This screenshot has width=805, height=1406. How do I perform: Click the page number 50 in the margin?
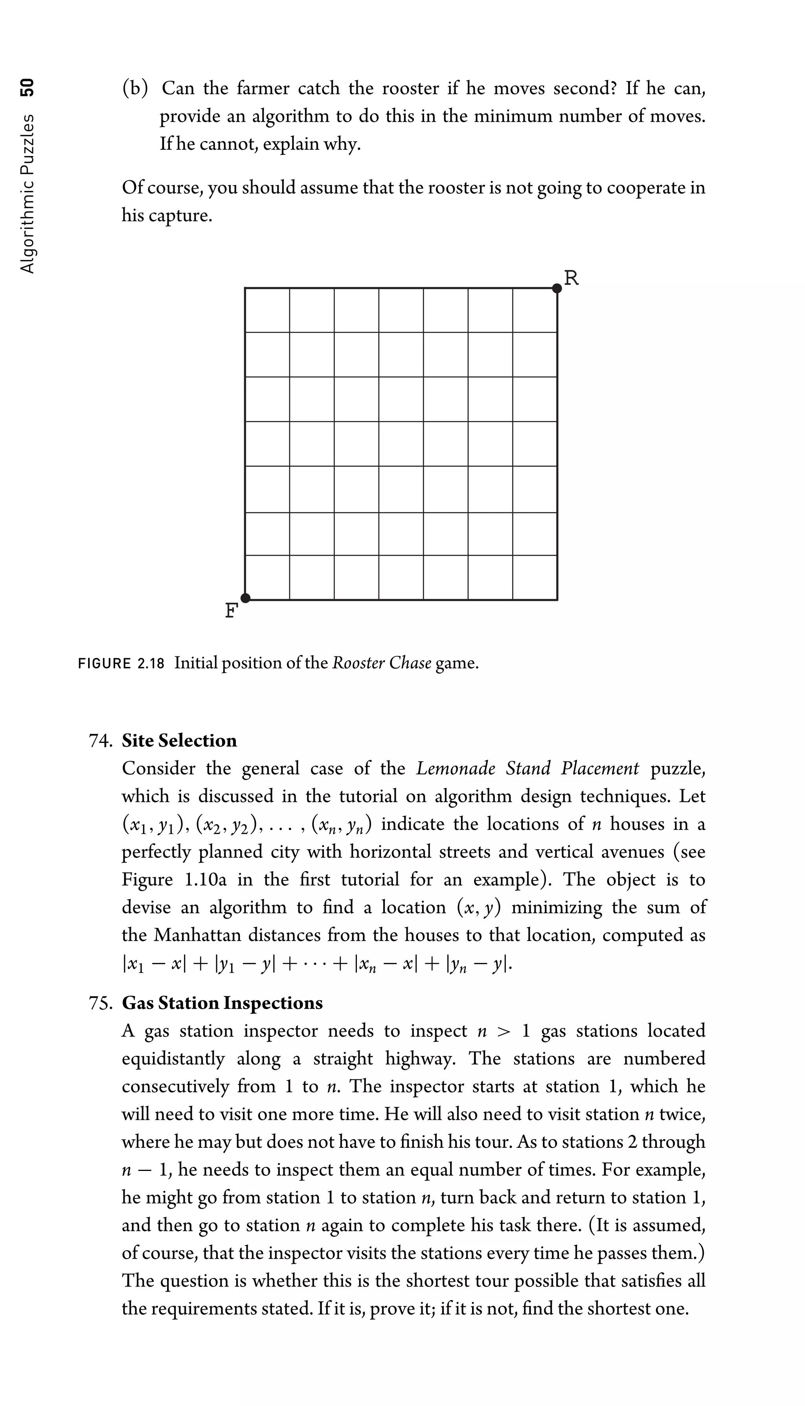tap(27, 87)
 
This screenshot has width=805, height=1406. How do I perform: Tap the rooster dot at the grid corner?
tap(557, 288)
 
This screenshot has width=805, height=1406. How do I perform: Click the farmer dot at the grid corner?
tap(246, 598)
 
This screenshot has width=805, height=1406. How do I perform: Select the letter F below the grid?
tap(231, 611)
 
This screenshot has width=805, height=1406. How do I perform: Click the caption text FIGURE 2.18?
tap(121, 663)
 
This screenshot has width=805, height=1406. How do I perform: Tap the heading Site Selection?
tap(179, 740)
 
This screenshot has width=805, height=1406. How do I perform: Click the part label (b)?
tap(135, 88)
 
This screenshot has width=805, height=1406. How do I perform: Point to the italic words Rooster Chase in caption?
tap(382, 663)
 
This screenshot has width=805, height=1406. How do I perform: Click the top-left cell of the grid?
tap(267, 310)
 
